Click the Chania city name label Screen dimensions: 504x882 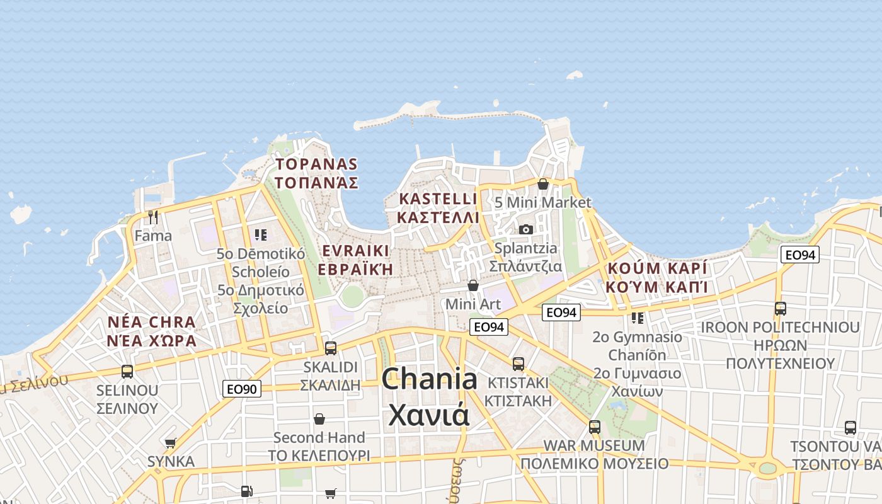(429, 397)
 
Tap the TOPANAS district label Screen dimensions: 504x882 (316, 174)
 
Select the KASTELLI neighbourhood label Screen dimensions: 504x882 (438, 208)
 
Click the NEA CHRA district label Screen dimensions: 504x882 (152, 331)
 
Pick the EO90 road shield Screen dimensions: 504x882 (242, 389)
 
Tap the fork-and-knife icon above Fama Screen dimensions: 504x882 (152, 217)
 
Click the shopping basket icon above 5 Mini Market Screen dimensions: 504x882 (543, 184)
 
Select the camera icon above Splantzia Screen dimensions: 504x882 (526, 229)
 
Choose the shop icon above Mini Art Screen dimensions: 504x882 (472, 286)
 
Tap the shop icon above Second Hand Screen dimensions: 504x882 (319, 419)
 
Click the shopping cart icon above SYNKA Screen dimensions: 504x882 (170, 443)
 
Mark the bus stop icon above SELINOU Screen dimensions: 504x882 (127, 372)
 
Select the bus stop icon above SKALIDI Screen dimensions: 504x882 (330, 348)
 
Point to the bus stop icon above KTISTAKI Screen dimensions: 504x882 (518, 364)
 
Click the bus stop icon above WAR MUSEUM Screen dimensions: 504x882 (594, 427)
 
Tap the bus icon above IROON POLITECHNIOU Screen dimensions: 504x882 (780, 309)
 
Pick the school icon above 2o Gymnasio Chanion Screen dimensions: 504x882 (638, 318)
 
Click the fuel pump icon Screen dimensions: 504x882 (246, 491)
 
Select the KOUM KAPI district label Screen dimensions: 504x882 (657, 277)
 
